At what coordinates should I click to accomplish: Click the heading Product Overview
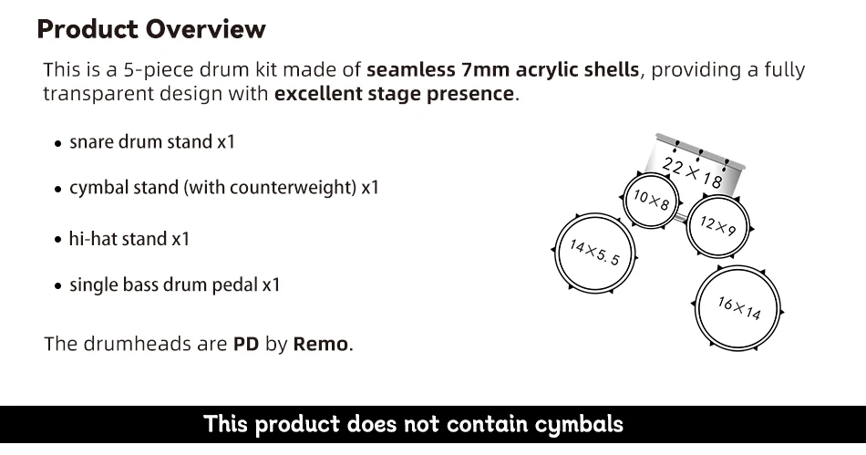(151, 29)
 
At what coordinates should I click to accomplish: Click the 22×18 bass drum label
(692, 171)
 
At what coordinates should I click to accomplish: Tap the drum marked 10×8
(652, 199)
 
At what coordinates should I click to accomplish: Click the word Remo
(321, 345)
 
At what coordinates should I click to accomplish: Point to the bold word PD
(246, 345)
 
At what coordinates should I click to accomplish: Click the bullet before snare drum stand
(58, 143)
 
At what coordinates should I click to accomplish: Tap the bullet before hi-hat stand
(58, 241)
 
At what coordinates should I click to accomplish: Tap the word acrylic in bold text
(555, 70)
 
